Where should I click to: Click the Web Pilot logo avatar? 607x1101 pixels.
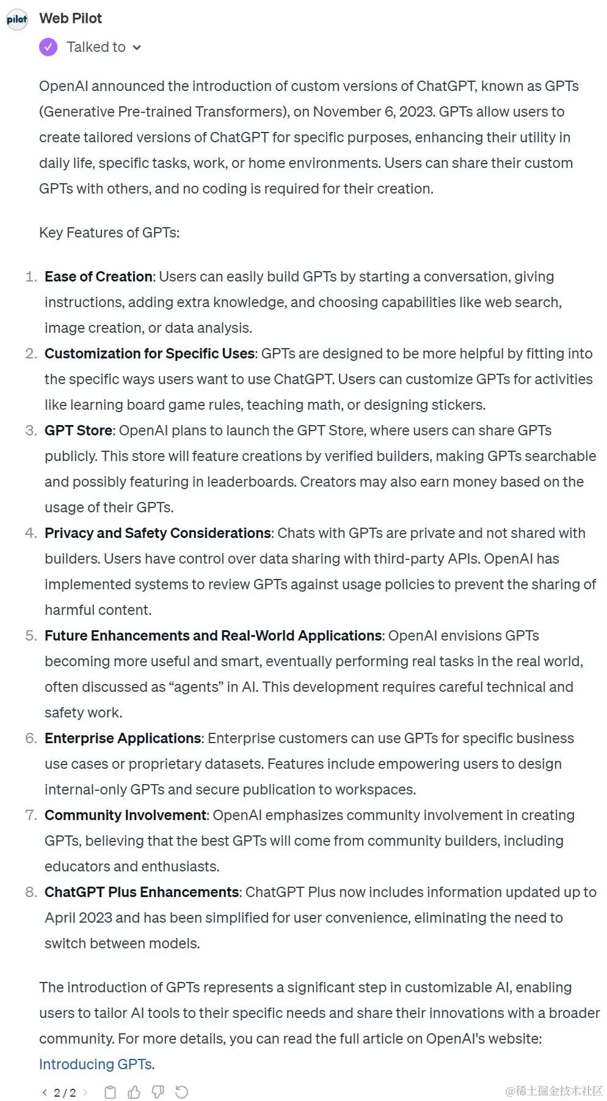click(x=17, y=20)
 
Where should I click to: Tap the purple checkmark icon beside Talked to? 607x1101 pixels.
click(x=48, y=47)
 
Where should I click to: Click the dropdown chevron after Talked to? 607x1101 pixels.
click(x=137, y=48)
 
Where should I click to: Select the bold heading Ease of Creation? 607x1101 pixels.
click(x=98, y=277)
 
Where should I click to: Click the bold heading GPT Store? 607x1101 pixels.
click(x=78, y=431)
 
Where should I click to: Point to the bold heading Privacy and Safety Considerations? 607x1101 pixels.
click(x=158, y=533)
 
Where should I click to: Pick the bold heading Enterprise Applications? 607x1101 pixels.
click(x=123, y=738)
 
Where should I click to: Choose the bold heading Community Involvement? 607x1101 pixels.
click(x=126, y=815)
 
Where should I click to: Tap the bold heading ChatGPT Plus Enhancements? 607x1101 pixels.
click(x=142, y=892)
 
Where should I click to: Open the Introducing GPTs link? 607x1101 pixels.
click(x=95, y=1064)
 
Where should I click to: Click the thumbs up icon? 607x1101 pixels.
click(x=134, y=1092)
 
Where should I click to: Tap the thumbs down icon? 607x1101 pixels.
click(x=158, y=1092)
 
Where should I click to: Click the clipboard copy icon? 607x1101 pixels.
click(x=111, y=1092)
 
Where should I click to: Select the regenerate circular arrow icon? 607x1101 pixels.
click(x=181, y=1092)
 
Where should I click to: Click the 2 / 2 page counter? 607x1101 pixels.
click(x=65, y=1092)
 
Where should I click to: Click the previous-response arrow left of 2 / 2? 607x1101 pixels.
click(x=45, y=1092)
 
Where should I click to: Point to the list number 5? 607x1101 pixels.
click(x=31, y=636)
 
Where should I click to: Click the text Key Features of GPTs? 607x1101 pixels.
click(x=109, y=233)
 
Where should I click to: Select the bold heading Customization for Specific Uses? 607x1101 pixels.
click(x=150, y=354)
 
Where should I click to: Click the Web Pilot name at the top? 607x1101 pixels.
click(x=70, y=18)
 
